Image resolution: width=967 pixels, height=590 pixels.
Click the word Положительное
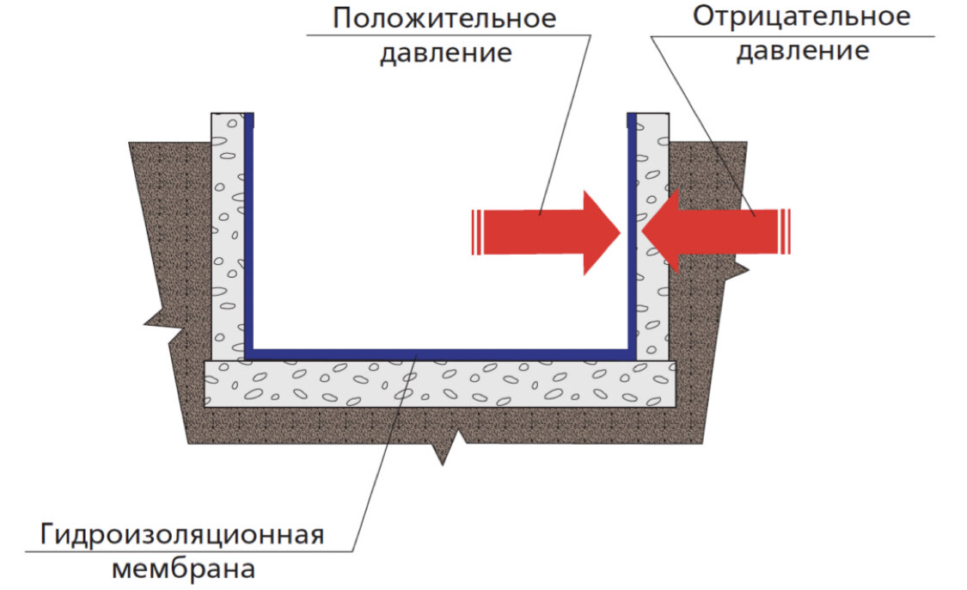click(x=444, y=18)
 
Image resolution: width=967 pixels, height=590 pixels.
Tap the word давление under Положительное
click(x=446, y=52)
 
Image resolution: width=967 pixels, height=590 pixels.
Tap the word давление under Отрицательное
click(x=802, y=51)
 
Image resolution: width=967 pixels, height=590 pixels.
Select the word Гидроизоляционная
click(x=182, y=535)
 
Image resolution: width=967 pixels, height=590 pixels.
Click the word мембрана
click(x=183, y=568)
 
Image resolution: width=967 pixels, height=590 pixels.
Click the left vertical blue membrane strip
click(x=248, y=232)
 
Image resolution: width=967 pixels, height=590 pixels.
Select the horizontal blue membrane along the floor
click(x=438, y=353)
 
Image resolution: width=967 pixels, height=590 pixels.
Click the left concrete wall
click(x=227, y=232)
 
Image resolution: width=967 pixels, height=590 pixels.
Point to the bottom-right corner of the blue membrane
click(x=631, y=353)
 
